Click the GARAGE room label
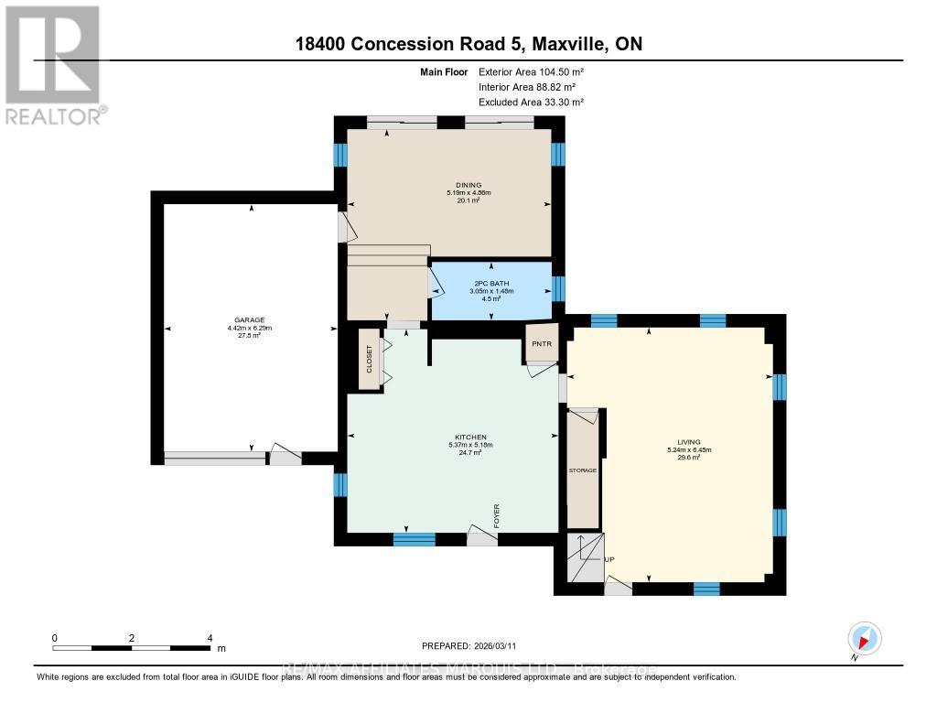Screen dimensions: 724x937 (250, 320)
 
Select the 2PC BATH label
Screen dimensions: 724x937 (491, 283)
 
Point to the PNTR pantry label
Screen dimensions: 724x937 (542, 344)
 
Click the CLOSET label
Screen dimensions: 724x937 (370, 360)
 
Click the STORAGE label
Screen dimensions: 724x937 (582, 470)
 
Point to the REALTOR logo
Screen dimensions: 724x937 (54, 65)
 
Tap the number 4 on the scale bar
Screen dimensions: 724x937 (210, 638)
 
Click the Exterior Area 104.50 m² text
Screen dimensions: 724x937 (531, 71)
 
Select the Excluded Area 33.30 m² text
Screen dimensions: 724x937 (531, 103)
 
